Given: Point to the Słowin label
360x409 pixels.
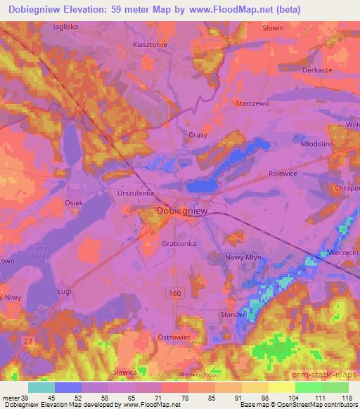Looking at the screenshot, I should [x=272, y=28].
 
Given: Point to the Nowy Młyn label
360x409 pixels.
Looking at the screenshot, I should [x=243, y=258].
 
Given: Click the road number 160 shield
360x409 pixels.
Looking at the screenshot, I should [x=172, y=291].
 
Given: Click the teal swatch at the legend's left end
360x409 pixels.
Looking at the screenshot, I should [x=41, y=387].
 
